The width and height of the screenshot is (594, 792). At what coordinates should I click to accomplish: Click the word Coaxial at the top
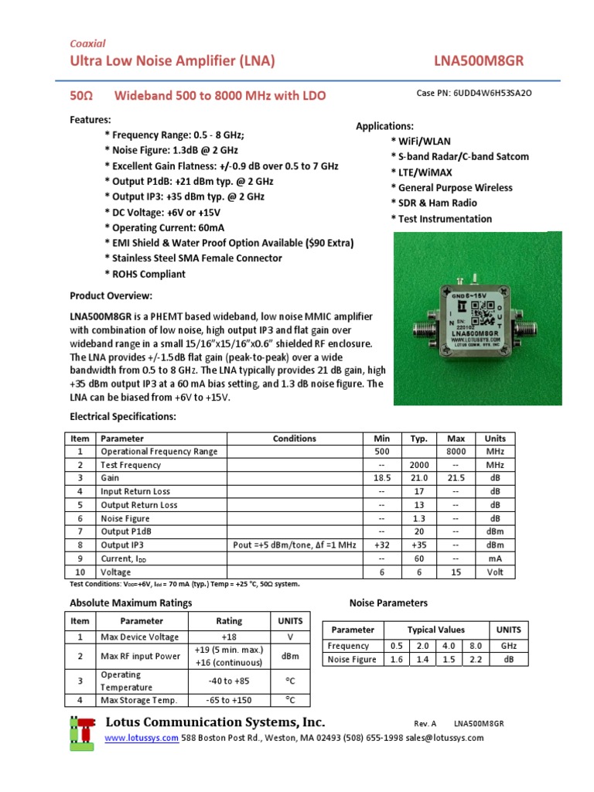coord(87,43)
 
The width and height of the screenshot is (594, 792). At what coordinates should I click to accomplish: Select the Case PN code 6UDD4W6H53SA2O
coord(493,93)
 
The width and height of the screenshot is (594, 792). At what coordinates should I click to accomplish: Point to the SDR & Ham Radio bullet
coord(433,203)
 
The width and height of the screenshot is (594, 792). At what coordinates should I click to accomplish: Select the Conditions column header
coord(294,439)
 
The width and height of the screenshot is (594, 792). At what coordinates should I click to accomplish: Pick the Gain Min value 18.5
coord(381,478)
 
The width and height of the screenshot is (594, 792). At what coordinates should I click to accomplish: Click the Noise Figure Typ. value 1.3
coord(419,518)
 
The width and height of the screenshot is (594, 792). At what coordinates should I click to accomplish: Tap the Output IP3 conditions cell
coord(294,545)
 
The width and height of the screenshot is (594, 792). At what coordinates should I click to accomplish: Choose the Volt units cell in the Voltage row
coord(494,572)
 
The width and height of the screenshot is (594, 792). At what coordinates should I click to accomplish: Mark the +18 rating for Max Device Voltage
coord(229,637)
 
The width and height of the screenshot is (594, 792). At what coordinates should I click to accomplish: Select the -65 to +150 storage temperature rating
coord(229,700)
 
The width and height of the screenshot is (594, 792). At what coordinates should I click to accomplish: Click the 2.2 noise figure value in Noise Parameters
coord(475,660)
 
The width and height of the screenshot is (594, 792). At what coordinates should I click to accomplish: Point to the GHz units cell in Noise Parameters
coord(509,646)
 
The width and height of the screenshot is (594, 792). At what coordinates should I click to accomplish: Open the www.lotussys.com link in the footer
coord(142,738)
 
